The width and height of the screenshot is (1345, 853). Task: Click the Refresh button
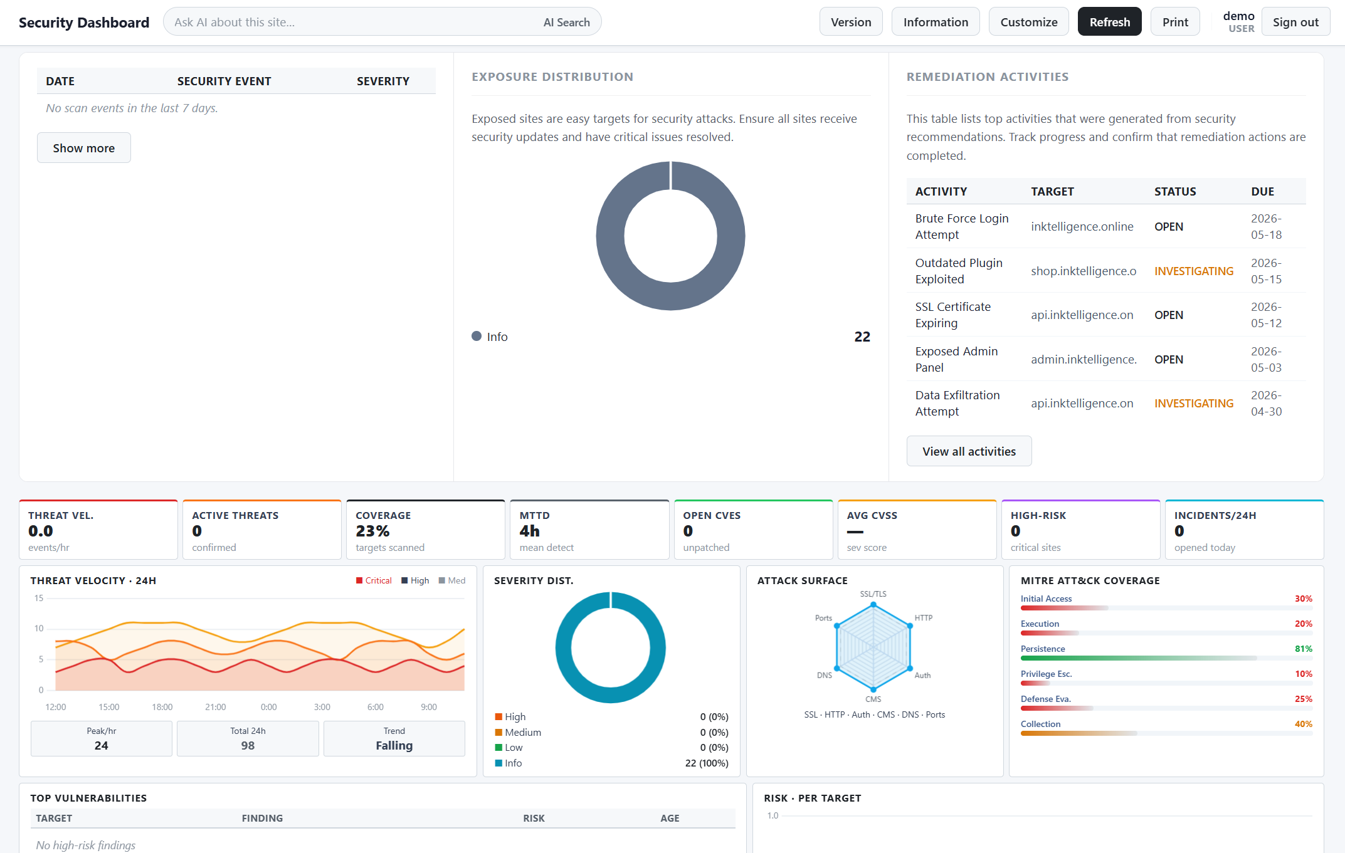click(1109, 22)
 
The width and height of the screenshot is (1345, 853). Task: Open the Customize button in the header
click(1028, 22)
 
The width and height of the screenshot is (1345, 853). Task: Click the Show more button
click(84, 148)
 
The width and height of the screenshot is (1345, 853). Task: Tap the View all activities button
click(969, 451)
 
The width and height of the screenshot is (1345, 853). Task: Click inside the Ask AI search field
click(351, 22)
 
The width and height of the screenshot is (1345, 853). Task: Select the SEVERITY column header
click(383, 81)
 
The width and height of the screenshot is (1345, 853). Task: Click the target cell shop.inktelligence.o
click(1084, 271)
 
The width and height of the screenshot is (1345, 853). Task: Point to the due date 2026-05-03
click(1266, 359)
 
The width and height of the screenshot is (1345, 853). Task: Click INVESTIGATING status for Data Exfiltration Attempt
click(1194, 403)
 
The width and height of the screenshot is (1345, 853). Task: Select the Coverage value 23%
click(372, 531)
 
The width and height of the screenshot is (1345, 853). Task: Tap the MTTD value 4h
click(529, 531)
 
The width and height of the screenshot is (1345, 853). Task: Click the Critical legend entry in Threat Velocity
click(374, 580)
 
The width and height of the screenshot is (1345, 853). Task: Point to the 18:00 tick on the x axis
click(162, 707)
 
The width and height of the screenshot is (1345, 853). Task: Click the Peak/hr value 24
click(101, 745)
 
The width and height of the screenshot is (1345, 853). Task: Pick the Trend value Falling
click(394, 745)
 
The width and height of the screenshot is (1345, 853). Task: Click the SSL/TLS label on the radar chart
click(873, 594)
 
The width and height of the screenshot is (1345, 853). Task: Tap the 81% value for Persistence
click(1304, 649)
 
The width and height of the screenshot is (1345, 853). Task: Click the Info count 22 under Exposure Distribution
click(862, 337)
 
